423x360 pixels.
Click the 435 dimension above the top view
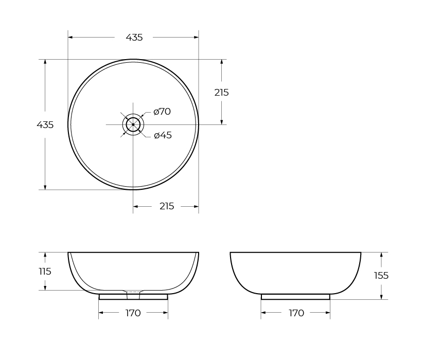pyautogui.click(x=134, y=38)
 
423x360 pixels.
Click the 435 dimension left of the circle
pyautogui.click(x=45, y=125)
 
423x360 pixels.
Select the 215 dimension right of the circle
pyautogui.click(x=221, y=93)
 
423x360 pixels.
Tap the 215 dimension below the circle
pyautogui.click(x=167, y=206)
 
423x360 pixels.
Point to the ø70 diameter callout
pyautogui.click(x=162, y=112)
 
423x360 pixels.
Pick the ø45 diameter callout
pyautogui.click(x=163, y=135)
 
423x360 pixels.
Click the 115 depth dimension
pyautogui.click(x=45, y=271)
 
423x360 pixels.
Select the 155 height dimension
pyautogui.click(x=381, y=276)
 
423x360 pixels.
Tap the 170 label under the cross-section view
pyautogui.click(x=133, y=313)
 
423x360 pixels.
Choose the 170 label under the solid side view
pyautogui.click(x=296, y=313)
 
